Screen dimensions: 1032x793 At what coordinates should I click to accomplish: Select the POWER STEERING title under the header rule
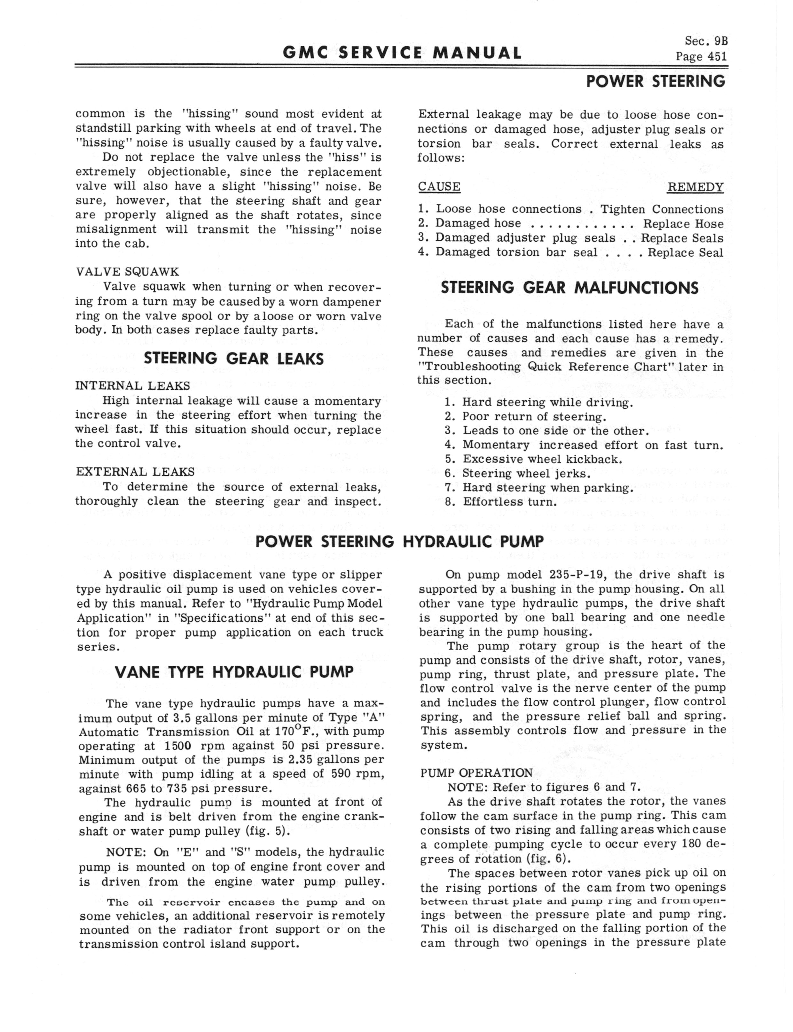pyautogui.click(x=655, y=81)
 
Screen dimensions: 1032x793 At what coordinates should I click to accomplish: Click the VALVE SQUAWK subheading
pyautogui.click(x=128, y=272)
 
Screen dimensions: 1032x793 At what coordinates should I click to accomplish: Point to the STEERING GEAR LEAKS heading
pyautogui.click(x=234, y=359)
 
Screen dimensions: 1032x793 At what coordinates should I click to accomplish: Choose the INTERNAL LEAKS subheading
pyautogui.click(x=133, y=386)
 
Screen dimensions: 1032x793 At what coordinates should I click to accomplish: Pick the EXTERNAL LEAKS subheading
pyautogui.click(x=135, y=472)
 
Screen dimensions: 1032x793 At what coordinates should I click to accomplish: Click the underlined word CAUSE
pyautogui.click(x=439, y=187)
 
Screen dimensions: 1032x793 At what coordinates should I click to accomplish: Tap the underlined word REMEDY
pyautogui.click(x=695, y=187)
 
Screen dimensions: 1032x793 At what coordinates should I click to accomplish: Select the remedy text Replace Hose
pyautogui.click(x=683, y=224)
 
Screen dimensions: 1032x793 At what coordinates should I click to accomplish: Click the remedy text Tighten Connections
pyautogui.click(x=662, y=209)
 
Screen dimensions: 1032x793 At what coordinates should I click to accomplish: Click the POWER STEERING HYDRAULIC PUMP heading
pyautogui.click(x=399, y=541)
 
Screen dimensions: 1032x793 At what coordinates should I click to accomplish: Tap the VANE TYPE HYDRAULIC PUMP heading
pyautogui.click(x=234, y=672)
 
